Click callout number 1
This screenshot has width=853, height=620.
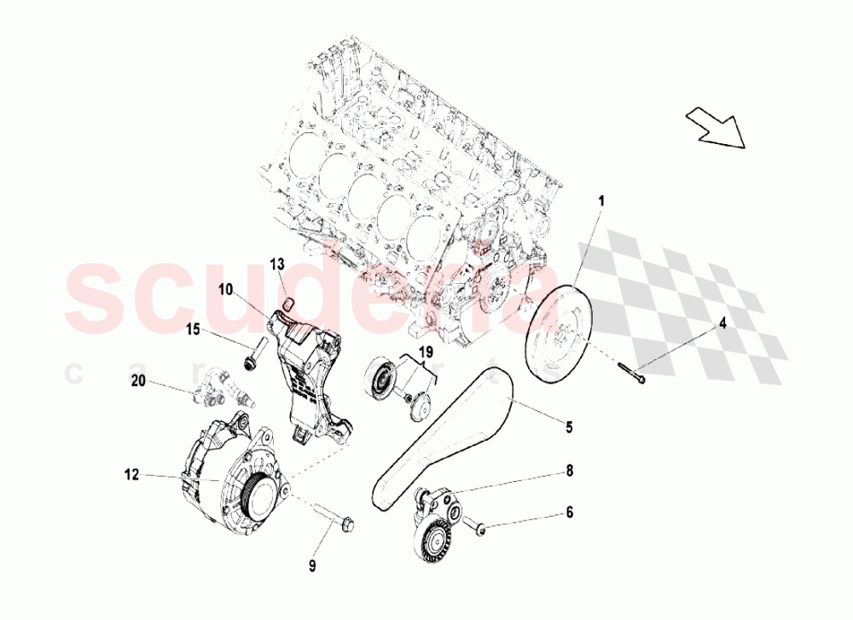(x=601, y=202)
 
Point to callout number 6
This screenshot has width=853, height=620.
(x=569, y=513)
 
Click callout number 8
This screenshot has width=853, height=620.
(x=569, y=470)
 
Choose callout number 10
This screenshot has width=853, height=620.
(x=225, y=290)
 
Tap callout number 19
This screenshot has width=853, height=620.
(x=425, y=351)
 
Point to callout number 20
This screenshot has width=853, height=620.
(x=138, y=383)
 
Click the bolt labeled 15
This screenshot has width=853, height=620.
(x=254, y=355)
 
